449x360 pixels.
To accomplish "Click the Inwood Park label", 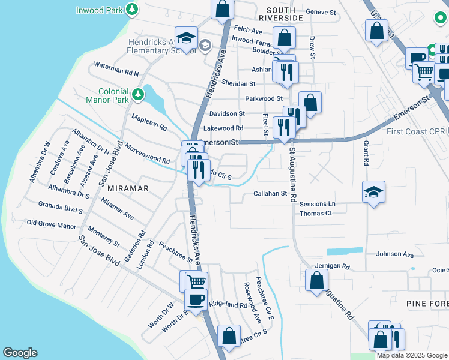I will coord(100,10).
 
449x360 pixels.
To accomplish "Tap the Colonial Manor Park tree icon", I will coord(138,94).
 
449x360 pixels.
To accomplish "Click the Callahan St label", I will coord(270,193).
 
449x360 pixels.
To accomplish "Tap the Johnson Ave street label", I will coord(395,254).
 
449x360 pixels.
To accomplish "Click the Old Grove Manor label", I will coord(52,225).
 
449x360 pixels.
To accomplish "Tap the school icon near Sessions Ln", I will coord(373,193).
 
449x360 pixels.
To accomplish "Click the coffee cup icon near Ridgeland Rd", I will coord(196,299).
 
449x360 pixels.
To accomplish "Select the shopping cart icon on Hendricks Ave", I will coord(196,281).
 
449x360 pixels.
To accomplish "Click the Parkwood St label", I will coord(264,98).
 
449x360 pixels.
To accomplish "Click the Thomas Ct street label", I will coord(316,213).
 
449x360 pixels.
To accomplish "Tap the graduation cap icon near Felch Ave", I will coord(186,38).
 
